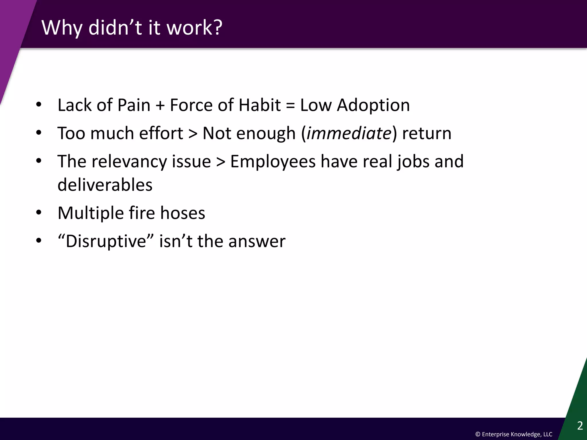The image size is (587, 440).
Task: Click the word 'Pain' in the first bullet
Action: click(134, 105)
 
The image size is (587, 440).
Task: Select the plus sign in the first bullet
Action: click(160, 105)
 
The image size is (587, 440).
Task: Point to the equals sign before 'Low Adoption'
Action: click(290, 105)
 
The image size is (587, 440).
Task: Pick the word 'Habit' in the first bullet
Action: click(259, 105)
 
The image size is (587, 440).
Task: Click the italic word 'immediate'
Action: click(349, 133)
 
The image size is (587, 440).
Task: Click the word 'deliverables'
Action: click(105, 185)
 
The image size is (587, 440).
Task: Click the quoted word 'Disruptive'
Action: click(106, 241)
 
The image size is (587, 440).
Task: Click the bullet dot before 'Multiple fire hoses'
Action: click(39, 213)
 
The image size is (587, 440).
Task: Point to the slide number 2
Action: click(580, 426)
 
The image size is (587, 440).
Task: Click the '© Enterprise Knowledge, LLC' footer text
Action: click(514, 434)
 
